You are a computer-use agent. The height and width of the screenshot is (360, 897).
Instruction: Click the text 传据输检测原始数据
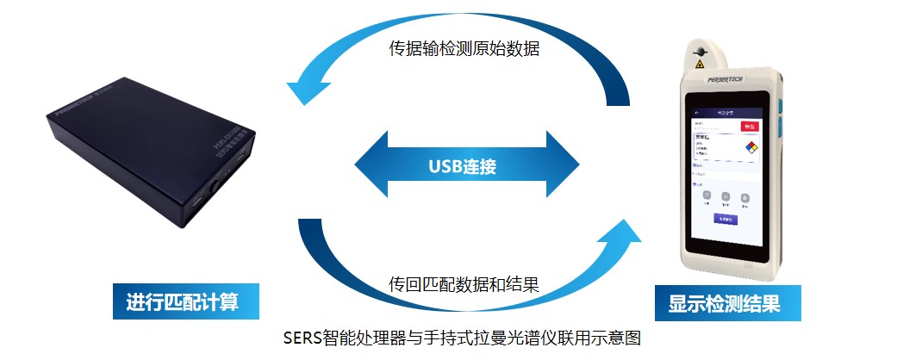464,49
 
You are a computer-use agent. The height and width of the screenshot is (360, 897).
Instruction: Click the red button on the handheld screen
750,126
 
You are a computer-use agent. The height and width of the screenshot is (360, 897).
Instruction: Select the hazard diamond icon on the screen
751,147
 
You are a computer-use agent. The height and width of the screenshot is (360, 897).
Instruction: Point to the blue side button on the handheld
779,111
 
